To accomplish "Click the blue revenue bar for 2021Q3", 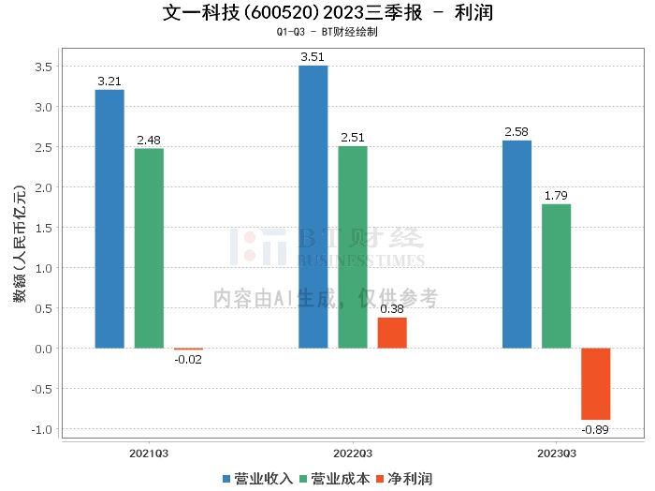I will point(109,219).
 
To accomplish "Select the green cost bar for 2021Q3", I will point(149,248).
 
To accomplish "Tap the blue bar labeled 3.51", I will point(313,207).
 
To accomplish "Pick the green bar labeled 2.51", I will point(353,247).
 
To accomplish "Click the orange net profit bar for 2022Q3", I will point(392,333).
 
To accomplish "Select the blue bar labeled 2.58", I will point(517,245).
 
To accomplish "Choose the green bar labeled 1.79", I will point(556,276).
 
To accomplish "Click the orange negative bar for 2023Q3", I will point(595,384).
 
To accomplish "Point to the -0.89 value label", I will point(595,429).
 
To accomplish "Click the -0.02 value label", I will point(188,359).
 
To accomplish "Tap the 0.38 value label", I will point(392,308).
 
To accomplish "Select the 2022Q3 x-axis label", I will point(353,453).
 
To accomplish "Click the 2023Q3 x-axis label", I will point(557,453).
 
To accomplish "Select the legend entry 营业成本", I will point(333,479).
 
